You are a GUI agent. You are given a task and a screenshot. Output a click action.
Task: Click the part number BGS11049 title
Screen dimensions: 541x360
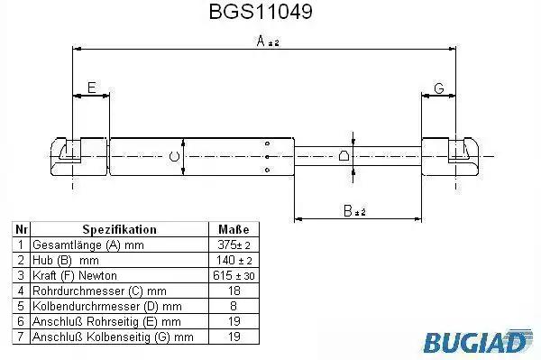coord(261,12)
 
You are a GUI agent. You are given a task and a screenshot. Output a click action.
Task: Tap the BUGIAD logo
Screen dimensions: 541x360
coord(478,341)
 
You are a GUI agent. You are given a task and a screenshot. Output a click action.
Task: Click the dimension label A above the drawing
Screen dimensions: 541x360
coord(268,42)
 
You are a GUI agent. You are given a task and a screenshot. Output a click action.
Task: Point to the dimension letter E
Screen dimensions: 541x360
coord(91,88)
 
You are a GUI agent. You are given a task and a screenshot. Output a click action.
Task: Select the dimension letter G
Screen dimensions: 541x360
coord(439,88)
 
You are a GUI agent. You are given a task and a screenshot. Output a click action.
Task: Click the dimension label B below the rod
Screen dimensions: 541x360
coord(354,210)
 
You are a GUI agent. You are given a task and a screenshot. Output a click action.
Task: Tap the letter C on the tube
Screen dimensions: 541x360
coord(175,156)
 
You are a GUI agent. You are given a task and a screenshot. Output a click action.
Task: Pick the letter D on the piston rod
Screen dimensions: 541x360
coord(344,156)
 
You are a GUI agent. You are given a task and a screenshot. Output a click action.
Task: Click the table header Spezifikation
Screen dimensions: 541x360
coord(119,229)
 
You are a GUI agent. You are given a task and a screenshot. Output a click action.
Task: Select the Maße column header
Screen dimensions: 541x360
coord(234,229)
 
